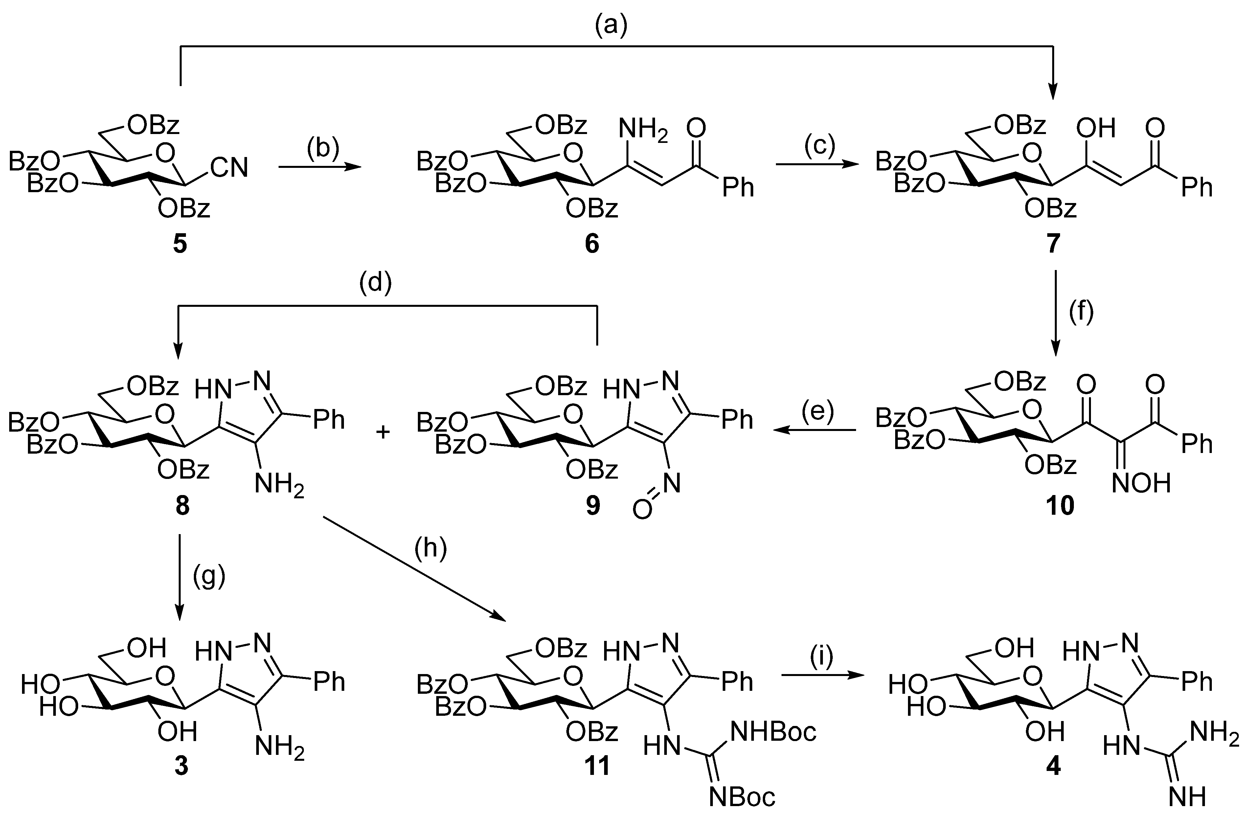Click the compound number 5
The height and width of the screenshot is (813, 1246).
[x=180, y=244]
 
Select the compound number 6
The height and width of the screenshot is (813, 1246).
[x=592, y=244]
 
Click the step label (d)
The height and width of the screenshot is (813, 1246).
[x=375, y=284]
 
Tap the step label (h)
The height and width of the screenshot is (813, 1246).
[x=430, y=549]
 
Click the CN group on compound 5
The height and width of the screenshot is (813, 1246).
[x=229, y=168]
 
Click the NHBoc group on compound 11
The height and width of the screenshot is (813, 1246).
[x=773, y=732]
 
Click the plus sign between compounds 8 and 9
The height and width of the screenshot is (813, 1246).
[x=384, y=432]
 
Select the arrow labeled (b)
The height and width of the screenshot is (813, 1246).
[x=320, y=167]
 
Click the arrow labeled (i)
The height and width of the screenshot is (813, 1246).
[x=822, y=676]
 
